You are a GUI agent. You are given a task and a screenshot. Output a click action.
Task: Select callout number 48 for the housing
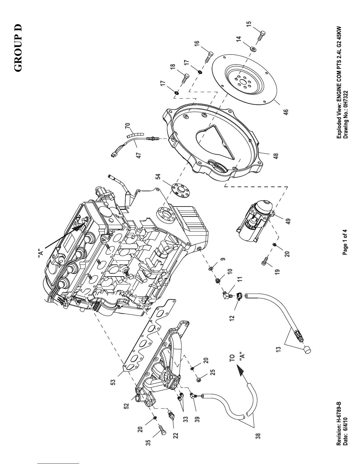tap(276, 156)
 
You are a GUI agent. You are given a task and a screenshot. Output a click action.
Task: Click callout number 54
tap(158, 177)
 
